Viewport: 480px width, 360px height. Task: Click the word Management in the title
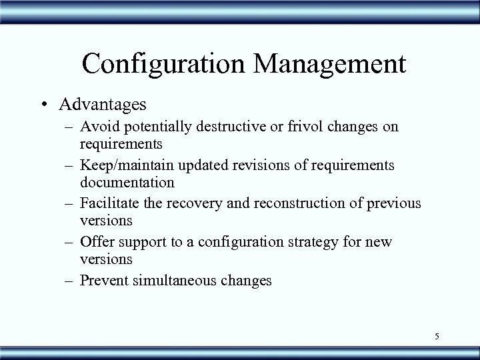coord(331,64)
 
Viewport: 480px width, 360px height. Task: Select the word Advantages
coord(103,105)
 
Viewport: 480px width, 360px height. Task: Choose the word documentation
coord(127,181)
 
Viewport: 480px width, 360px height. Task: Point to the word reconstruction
coord(300,203)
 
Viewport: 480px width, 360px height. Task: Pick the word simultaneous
coord(175,280)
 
